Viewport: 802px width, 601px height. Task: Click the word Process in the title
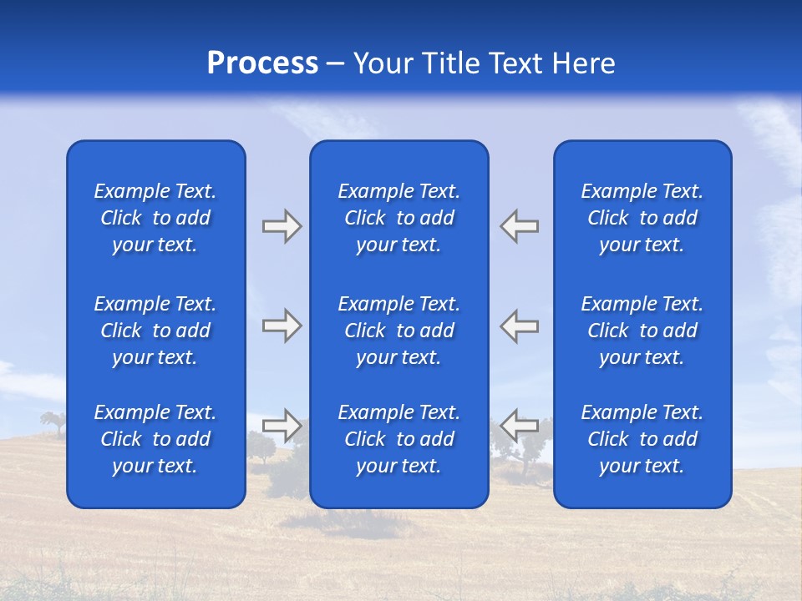262,63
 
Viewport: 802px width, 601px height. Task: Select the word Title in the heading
452,63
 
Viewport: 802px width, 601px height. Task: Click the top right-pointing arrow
282,226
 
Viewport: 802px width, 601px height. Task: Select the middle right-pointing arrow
282,326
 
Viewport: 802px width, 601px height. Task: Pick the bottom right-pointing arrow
282,425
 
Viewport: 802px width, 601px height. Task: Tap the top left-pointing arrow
520,226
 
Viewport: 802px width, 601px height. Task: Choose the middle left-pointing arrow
520,326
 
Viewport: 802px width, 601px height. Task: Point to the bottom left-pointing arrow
520,425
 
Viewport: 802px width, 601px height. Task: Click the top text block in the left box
155,218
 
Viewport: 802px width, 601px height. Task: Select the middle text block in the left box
155,331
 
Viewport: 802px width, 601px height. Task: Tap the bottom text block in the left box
155,439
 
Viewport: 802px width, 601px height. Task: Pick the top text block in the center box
399,218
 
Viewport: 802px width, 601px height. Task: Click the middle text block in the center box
399,331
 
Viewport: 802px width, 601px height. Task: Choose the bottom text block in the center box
399,439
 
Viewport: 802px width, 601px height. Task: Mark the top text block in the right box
642,218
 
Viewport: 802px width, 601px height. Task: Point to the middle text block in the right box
642,331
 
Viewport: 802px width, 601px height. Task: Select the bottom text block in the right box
642,439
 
